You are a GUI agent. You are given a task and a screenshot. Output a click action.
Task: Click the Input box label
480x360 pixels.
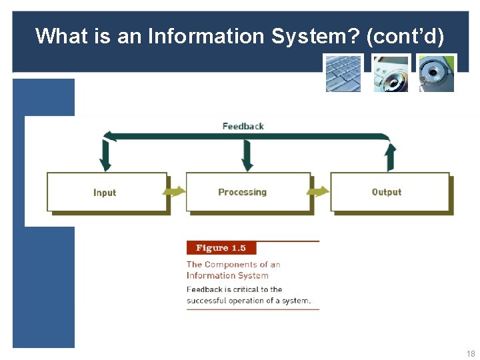pos(105,193)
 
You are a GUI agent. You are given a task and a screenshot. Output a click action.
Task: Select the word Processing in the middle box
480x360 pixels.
pos(242,192)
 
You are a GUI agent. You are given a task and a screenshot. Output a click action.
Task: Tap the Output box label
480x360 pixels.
pos(386,192)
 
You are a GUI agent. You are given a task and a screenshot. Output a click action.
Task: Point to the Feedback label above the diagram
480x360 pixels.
pos(243,126)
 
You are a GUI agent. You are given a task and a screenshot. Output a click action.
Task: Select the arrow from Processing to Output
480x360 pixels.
pos(318,192)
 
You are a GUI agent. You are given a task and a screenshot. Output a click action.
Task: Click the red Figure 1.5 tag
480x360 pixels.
pos(221,248)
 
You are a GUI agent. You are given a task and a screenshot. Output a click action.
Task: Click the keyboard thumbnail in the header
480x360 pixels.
pos(343,73)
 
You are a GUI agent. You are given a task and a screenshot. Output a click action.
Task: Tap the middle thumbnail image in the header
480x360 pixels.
pos(390,73)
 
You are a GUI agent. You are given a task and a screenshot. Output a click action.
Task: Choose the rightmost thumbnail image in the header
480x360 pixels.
pos(437,73)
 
